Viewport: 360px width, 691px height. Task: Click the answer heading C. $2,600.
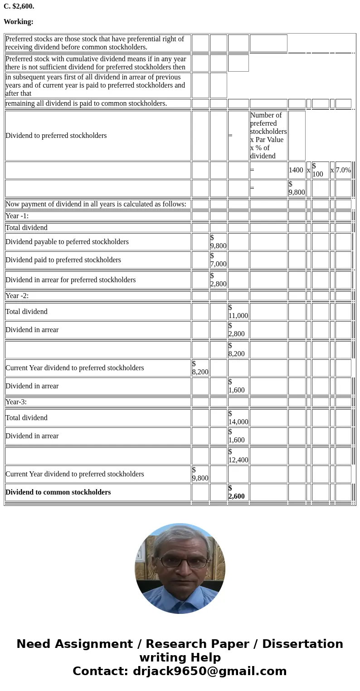coord(19,6)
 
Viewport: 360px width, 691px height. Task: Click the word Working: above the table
coord(19,22)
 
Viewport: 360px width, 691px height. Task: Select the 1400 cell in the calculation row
coord(296,170)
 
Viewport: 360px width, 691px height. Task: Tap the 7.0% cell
coord(343,170)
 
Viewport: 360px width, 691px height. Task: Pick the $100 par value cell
coord(320,170)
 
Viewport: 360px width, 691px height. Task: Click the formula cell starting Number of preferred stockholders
coord(268,135)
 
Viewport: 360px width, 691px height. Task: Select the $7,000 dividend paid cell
coord(218,260)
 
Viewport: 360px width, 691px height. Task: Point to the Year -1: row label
coord(17,216)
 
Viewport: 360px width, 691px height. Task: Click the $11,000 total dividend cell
coord(238,312)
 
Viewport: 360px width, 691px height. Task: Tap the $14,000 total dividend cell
coord(238,418)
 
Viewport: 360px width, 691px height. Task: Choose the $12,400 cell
coord(238,456)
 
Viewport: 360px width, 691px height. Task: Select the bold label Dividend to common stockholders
coord(58,492)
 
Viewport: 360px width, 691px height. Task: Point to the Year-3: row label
coord(16,402)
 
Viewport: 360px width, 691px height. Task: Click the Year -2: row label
coord(17,296)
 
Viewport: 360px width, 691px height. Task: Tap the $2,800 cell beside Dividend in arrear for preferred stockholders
coord(218,280)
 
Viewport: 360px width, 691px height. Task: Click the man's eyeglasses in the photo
coord(180,562)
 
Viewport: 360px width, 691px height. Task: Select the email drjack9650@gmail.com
coord(209,671)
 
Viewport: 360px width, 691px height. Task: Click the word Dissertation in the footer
coord(302,644)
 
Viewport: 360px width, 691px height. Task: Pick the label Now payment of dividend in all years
coord(96,204)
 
